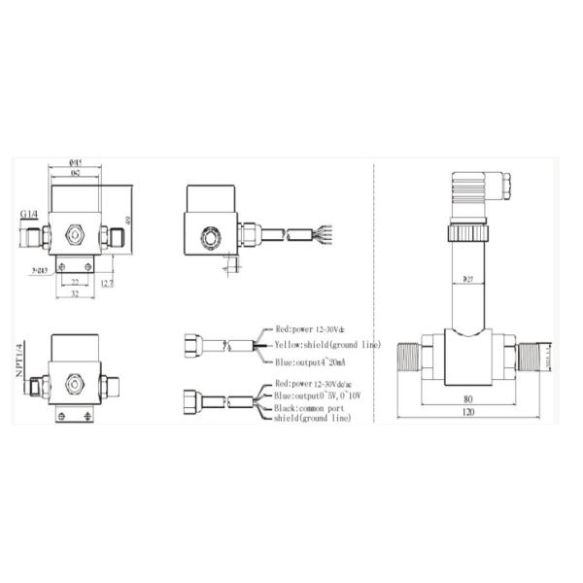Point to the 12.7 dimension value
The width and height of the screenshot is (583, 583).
coord(107,283)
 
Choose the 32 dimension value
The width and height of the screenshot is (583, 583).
coord(75,294)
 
